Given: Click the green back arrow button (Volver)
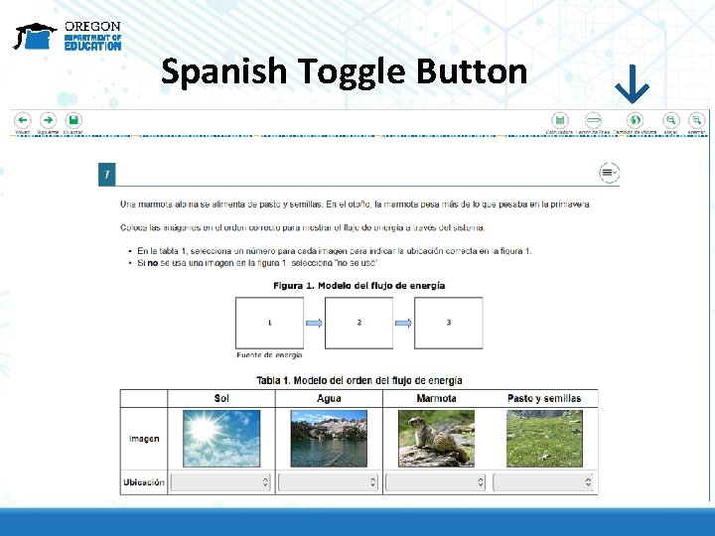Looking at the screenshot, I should point(22,119).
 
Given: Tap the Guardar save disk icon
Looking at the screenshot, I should point(72,119).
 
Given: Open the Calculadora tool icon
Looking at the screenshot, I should point(560,119).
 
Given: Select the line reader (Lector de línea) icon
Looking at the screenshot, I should point(593,119).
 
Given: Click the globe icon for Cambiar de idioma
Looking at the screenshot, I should point(635,119).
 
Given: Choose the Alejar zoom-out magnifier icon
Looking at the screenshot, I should point(671,119).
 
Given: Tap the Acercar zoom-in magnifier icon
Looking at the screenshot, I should point(697,119).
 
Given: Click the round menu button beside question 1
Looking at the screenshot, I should point(609,173).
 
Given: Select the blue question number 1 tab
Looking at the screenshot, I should point(106,174).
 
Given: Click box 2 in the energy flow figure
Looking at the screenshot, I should point(358,323).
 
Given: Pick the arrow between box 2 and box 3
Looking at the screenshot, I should point(403,323).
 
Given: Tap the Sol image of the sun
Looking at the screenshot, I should point(221,439).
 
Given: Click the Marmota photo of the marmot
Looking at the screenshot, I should point(436,439).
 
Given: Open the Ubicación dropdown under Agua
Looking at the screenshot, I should point(328,482).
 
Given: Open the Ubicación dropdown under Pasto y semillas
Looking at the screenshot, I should point(543,482).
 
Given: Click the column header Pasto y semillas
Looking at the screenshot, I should point(543,398).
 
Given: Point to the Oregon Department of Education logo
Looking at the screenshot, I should point(67,36).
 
